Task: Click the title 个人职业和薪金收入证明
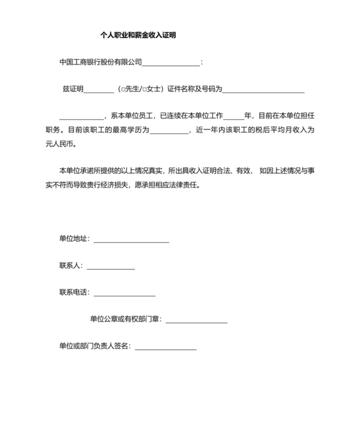pyautogui.click(x=138, y=35)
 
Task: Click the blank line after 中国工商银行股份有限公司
pyautogui.click(x=170, y=63)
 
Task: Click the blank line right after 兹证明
pyautogui.click(x=99, y=90)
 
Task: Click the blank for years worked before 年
pyautogui.click(x=234, y=117)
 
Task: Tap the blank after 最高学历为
pyautogui.click(x=170, y=131)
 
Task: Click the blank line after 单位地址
pyautogui.click(x=131, y=240)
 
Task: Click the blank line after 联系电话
pyautogui.click(x=125, y=293)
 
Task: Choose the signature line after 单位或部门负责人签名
pyautogui.click(x=165, y=348)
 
